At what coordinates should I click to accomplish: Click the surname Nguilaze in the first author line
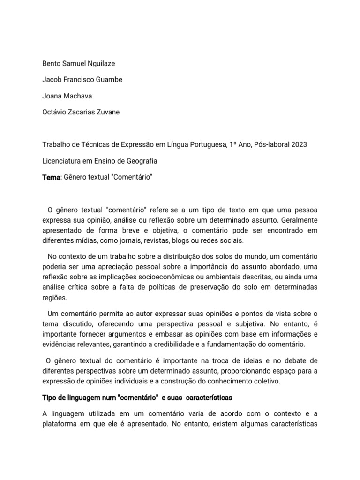point(97,63)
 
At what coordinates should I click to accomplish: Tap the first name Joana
point(52,96)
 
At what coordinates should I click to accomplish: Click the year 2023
point(298,144)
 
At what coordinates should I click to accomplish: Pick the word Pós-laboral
point(270,144)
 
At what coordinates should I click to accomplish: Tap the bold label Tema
point(51,178)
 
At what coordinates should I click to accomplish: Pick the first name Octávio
point(55,112)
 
